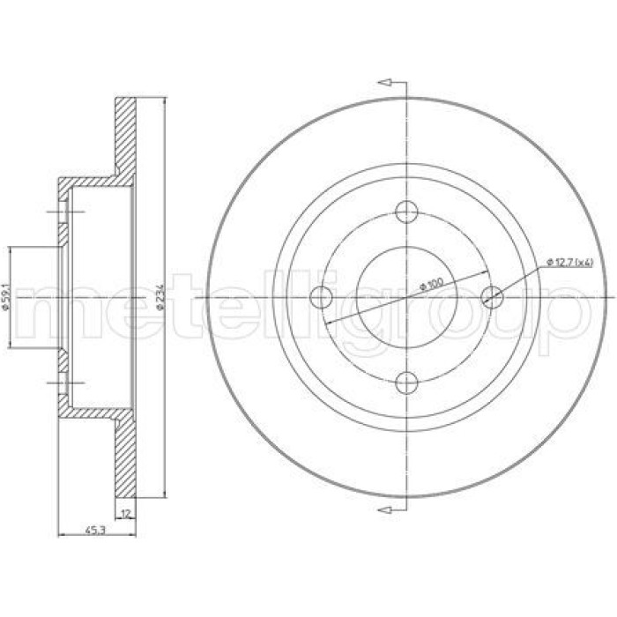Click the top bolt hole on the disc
tap(406, 212)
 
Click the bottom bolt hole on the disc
tap(406, 383)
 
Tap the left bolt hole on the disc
tap(321, 297)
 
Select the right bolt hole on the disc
tap(492, 297)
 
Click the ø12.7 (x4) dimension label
tap(569, 262)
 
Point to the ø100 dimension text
tap(431, 284)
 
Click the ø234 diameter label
tap(160, 297)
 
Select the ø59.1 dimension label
tap(5, 297)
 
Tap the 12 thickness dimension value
tap(126, 514)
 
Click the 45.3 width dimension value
tap(95, 531)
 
